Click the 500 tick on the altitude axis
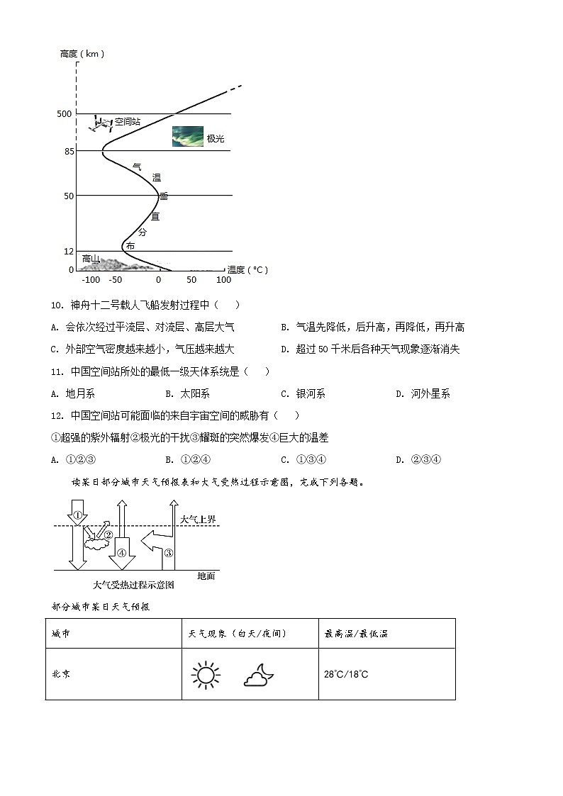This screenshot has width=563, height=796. tap(65, 113)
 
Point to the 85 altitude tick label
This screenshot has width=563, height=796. tap(68, 151)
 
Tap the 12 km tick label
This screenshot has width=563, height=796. tap(68, 252)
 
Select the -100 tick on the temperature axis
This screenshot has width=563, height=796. tap(91, 280)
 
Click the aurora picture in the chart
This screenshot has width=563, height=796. tap(187, 137)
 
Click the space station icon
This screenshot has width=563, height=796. tap(101, 124)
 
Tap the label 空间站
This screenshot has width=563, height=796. tap(128, 122)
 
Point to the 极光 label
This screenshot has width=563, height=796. tap(216, 138)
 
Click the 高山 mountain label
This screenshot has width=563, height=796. tap(91, 259)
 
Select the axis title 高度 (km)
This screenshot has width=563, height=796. tap(82, 54)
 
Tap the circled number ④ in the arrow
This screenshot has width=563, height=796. tap(121, 554)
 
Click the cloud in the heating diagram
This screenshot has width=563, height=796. tap(94, 544)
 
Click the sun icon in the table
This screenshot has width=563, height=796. tap(206, 674)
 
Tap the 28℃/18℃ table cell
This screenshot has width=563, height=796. tap(346, 674)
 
